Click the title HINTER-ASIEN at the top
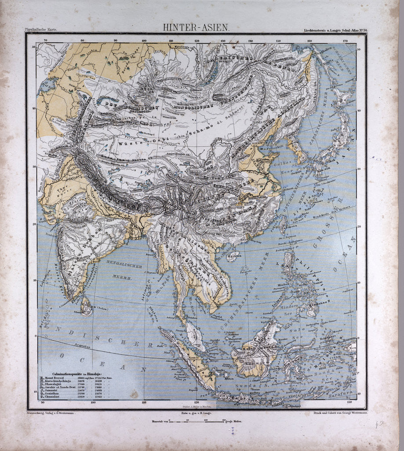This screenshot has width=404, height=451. click(196, 27)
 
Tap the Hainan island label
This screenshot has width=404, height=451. click(233, 253)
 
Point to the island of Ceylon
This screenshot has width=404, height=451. click(86, 306)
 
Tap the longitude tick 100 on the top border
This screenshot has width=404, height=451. click(145, 41)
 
